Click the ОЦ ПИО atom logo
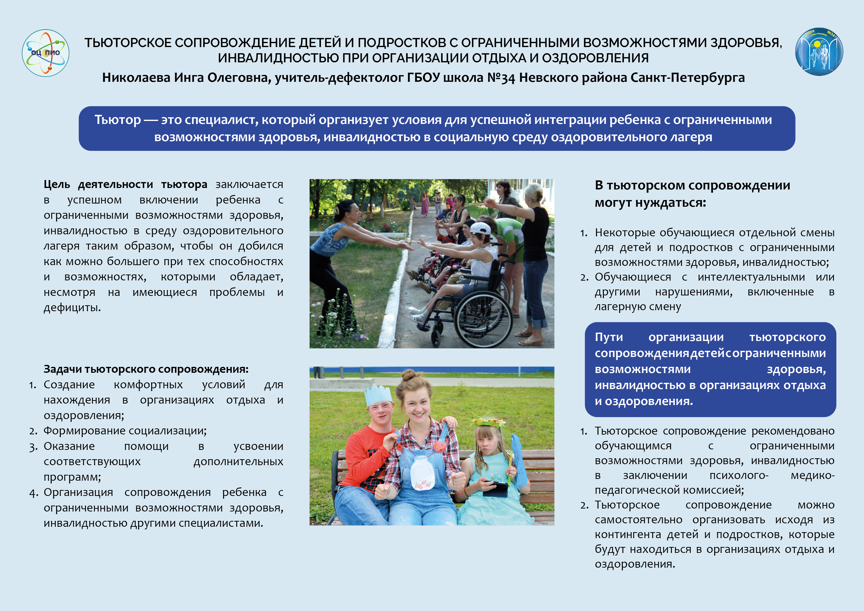(46, 53)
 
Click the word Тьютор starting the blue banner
(117, 120)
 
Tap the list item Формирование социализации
(125, 430)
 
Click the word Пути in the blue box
(609, 337)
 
